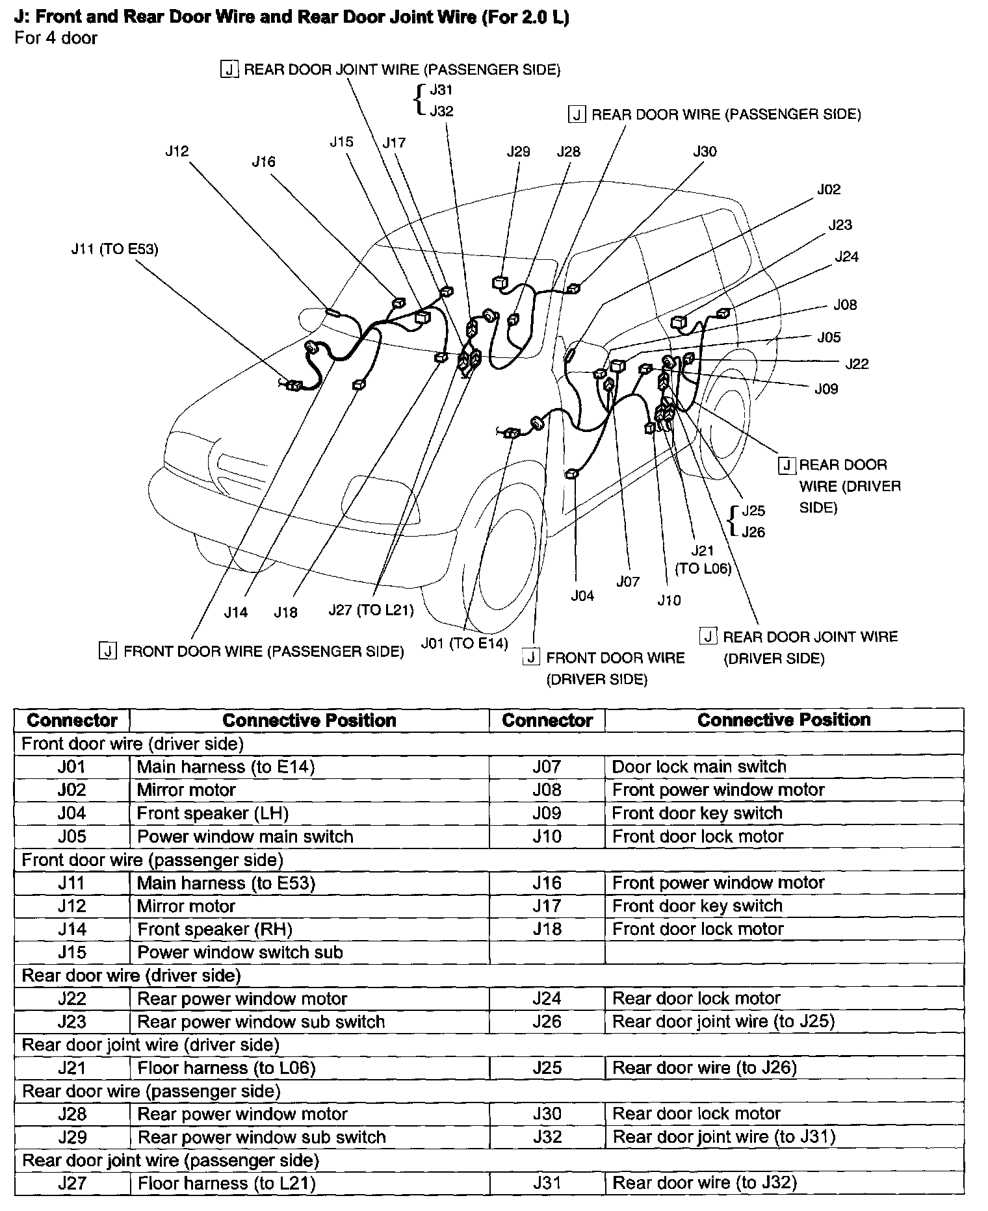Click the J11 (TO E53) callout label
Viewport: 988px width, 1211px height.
click(x=114, y=249)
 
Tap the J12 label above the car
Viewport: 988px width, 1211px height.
click(x=177, y=151)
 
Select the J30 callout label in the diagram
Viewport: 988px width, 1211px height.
click(x=705, y=152)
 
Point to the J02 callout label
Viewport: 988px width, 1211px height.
click(x=829, y=189)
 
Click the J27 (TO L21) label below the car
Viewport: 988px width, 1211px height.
click(x=371, y=611)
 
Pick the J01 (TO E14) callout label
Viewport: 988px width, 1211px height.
click(x=464, y=644)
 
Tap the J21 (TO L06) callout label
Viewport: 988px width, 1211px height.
click(x=703, y=559)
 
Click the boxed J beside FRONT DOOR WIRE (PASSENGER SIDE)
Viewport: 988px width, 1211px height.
click(x=108, y=650)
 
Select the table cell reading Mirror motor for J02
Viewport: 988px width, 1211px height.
click(x=187, y=790)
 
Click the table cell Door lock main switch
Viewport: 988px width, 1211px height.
click(x=699, y=767)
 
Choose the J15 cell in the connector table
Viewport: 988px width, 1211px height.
click(x=71, y=952)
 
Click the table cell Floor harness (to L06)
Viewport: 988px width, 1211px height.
click(x=227, y=1068)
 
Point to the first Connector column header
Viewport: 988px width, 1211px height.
click(x=72, y=720)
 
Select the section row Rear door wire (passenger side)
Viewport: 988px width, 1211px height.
click(x=151, y=1091)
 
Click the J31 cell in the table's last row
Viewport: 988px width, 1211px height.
click(x=547, y=1183)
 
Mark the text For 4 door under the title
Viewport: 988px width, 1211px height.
click(x=56, y=38)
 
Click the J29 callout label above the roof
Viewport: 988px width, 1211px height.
click(x=518, y=152)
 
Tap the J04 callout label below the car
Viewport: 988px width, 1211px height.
click(x=582, y=596)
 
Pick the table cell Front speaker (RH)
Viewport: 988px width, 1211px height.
click(x=215, y=930)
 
